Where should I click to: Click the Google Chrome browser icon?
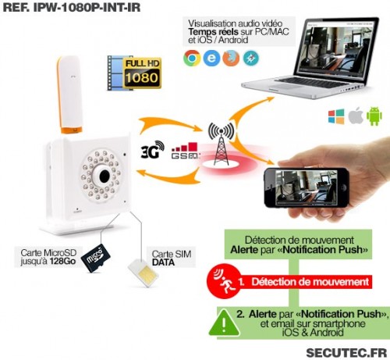pyautogui.click(x=192, y=58)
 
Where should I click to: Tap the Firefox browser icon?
pyautogui.click(x=231, y=58)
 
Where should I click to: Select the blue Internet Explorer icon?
pyautogui.click(x=211, y=58)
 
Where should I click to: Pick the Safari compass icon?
pyautogui.click(x=251, y=58)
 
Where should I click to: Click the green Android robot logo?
pyautogui.click(x=374, y=116)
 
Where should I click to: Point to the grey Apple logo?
pyautogui.click(x=356, y=116)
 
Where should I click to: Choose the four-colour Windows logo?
pyautogui.click(x=336, y=116)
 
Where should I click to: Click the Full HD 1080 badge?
pyautogui.click(x=134, y=73)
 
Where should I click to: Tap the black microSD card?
pyautogui.click(x=96, y=258)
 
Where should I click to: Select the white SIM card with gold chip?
pyautogui.click(x=143, y=273)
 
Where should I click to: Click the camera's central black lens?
pyautogui.click(x=105, y=176)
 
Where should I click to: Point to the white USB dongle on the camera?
pyautogui.click(x=69, y=94)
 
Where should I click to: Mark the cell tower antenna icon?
pyautogui.click(x=221, y=144)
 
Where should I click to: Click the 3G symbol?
pyautogui.click(x=152, y=150)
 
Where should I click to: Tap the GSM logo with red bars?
pyautogui.click(x=185, y=151)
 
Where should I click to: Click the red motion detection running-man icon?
pyautogui.click(x=224, y=282)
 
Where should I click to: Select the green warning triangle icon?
pyautogui.click(x=224, y=323)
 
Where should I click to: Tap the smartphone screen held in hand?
pyautogui.click(x=306, y=187)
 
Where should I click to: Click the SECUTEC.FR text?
pyautogui.click(x=346, y=353)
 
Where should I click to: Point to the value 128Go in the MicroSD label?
pyautogui.click(x=62, y=261)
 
